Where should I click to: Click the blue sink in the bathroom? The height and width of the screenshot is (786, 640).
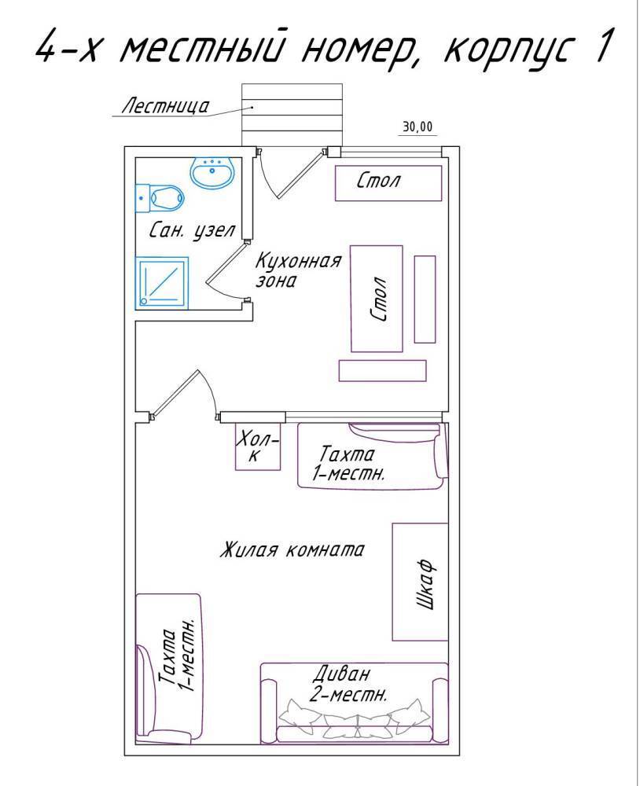click(x=212, y=173)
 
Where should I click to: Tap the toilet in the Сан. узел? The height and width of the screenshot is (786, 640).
click(x=160, y=198)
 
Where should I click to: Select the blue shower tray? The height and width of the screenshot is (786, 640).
click(x=161, y=283)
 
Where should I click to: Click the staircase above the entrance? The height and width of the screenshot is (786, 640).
click(x=292, y=114)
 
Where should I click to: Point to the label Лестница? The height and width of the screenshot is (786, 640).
click(x=166, y=106)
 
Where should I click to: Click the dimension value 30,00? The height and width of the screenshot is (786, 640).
click(x=417, y=127)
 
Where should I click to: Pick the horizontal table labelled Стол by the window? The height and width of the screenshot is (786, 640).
click(x=388, y=183)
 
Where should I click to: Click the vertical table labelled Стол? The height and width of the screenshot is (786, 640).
click(x=376, y=299)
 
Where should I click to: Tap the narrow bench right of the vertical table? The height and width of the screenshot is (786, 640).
click(x=425, y=299)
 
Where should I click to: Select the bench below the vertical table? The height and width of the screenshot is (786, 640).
click(x=382, y=370)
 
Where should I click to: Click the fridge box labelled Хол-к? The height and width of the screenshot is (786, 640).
click(x=258, y=446)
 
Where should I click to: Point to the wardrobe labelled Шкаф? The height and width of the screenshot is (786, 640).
click(x=420, y=582)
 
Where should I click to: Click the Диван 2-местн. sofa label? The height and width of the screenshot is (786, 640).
click(x=348, y=684)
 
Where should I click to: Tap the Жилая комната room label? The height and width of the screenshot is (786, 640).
click(x=292, y=549)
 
